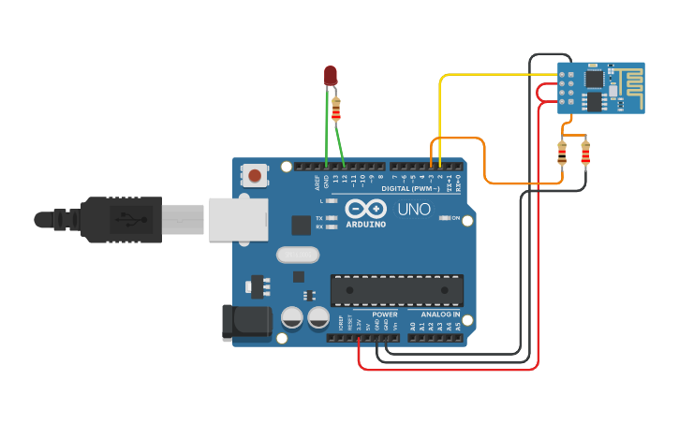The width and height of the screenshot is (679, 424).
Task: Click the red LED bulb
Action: pos(331,75)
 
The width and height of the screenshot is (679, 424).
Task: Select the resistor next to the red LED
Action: pos(336,109)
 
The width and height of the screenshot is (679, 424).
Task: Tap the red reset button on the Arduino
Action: pos(254,174)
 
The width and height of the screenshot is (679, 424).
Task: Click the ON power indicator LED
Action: pos(444,218)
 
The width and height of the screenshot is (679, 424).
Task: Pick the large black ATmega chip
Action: pos(396,290)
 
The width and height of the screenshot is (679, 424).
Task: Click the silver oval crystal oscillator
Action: pos(298,255)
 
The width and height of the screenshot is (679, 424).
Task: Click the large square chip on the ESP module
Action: pos(595,99)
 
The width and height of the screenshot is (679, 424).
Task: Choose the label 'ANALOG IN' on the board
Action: pos(439,314)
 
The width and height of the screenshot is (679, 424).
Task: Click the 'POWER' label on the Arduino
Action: pos(384,314)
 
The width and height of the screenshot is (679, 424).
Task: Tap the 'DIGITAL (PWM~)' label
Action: pos(407,188)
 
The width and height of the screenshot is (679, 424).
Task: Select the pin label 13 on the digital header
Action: pos(334,178)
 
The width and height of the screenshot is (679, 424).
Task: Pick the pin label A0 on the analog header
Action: pos(411,327)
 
